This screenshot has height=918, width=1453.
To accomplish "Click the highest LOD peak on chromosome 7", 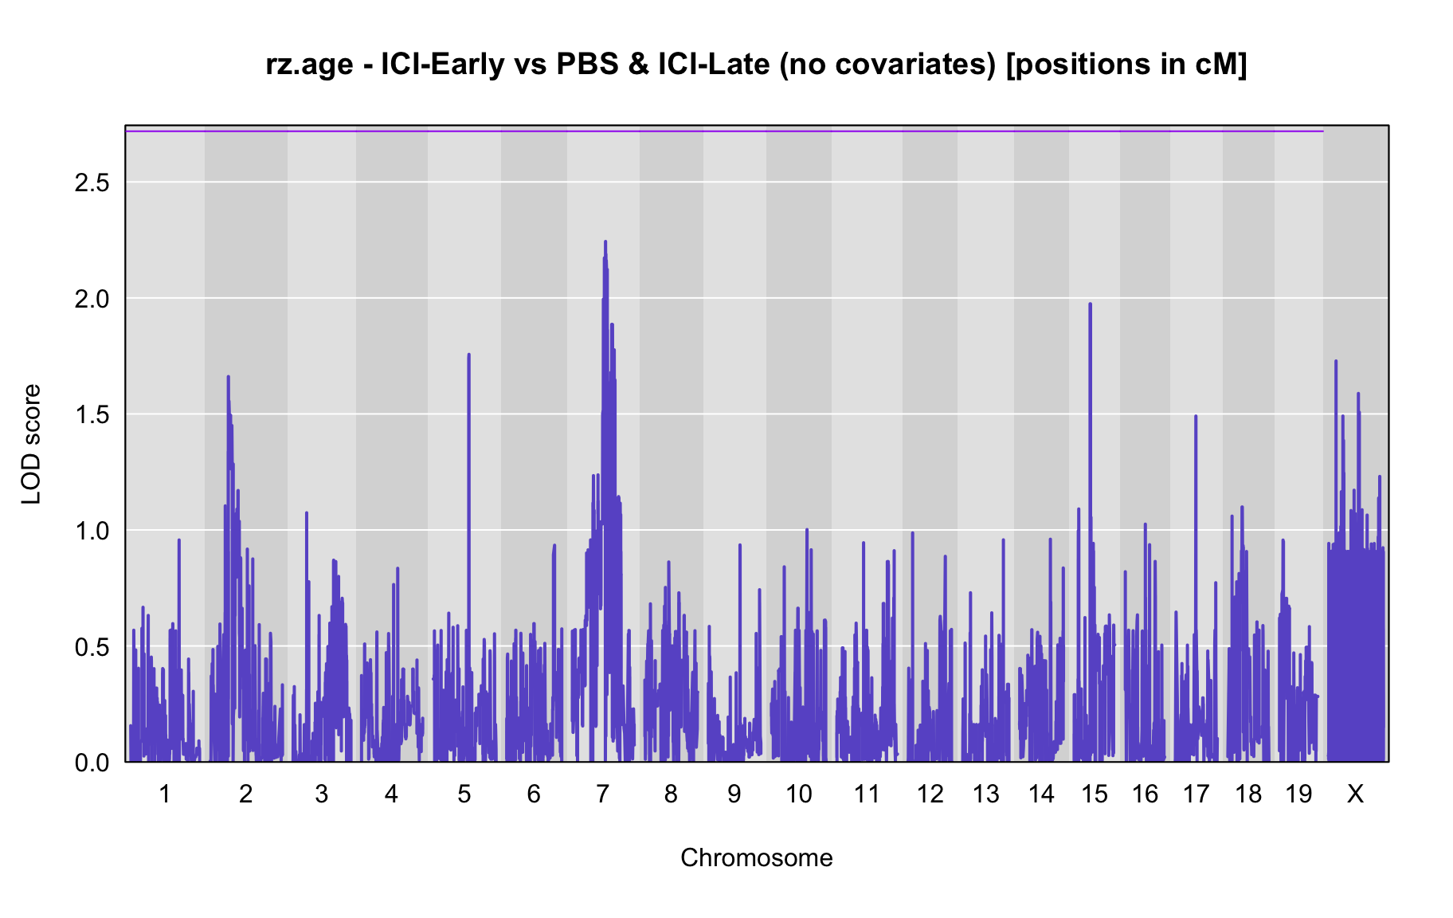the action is tap(605, 241).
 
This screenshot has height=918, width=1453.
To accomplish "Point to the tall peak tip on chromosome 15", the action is tap(1090, 304).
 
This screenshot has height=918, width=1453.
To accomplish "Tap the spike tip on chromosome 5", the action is tap(468, 355).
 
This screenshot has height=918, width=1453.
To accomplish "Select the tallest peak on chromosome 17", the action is tap(1195, 416).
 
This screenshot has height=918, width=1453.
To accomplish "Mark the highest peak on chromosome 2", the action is tap(228, 377).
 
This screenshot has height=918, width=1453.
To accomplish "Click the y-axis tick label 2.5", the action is tap(92, 183).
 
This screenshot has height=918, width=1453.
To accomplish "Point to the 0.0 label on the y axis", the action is tap(92, 763).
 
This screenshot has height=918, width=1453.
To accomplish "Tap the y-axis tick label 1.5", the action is tap(92, 415).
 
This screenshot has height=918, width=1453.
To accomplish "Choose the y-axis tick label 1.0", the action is tap(92, 531).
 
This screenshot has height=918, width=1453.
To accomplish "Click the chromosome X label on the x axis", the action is tap(1355, 794).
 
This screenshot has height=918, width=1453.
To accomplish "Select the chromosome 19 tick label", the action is tap(1298, 794).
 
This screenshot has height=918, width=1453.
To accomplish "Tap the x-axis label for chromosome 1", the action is tap(165, 794).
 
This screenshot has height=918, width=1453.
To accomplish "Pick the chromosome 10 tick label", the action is tap(799, 794).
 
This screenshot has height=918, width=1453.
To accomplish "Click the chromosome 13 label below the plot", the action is tap(985, 794).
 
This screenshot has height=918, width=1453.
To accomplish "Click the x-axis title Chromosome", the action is tap(757, 857).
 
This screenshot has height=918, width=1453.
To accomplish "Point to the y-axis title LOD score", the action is tap(32, 444).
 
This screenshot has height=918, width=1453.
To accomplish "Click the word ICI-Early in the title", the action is tap(443, 64).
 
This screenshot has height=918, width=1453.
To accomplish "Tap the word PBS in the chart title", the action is tap(587, 64).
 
